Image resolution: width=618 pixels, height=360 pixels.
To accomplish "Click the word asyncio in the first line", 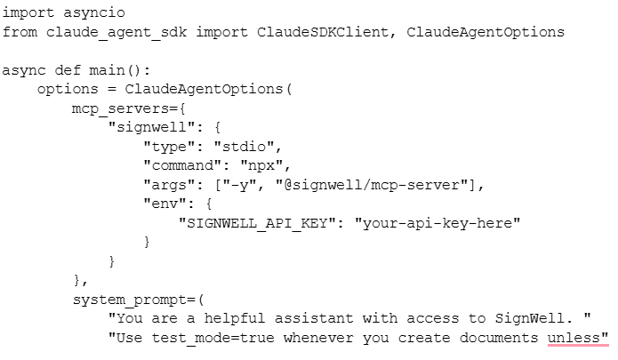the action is click(94, 12).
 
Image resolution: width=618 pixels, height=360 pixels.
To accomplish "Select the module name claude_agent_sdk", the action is click(116, 32).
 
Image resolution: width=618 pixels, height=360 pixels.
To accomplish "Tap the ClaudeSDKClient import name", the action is click(323, 31).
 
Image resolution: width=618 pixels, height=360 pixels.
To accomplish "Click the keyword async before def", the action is click(24, 70).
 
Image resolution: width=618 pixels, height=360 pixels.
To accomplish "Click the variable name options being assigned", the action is click(68, 89).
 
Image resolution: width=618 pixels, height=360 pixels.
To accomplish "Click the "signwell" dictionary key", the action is click(152, 127).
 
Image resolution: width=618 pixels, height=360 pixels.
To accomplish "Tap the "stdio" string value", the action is click(244, 147).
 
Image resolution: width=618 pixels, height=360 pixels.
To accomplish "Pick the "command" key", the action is click(182, 165).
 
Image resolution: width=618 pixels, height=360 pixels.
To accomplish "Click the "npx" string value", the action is click(261, 165).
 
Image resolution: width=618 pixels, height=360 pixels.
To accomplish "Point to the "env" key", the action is click(165, 204).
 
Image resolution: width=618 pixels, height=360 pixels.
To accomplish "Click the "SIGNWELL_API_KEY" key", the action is click(257, 223).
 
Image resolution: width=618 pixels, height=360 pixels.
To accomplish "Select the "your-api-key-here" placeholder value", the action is click(437, 223).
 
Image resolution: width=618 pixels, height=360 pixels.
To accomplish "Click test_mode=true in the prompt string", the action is click(213, 338).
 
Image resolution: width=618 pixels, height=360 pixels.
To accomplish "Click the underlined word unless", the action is click(574, 338).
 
